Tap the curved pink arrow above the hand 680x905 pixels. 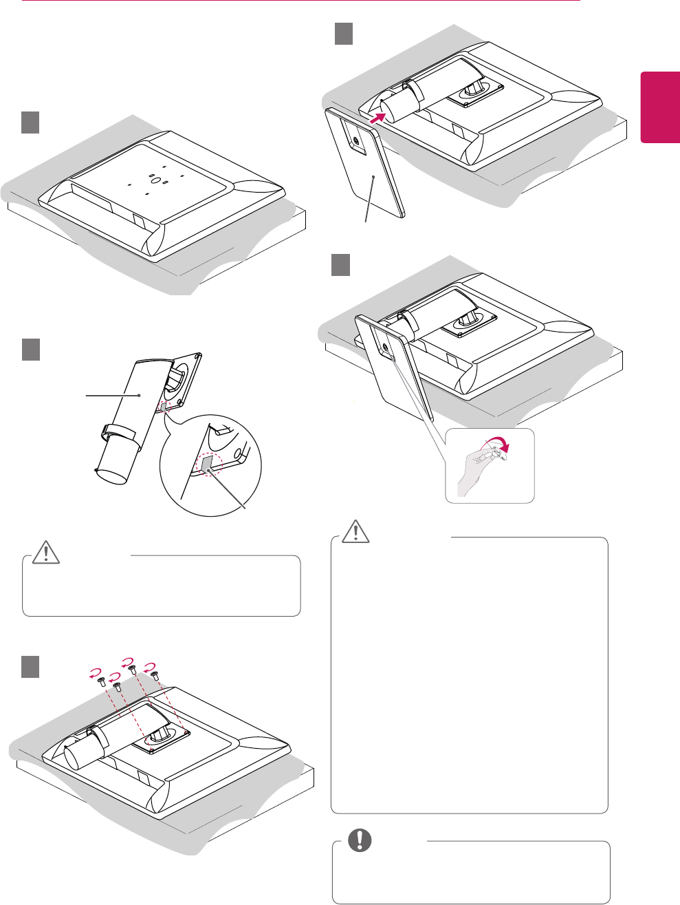pos(506,445)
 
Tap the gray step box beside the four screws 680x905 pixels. pos(30,666)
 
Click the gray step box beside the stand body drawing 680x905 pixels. pos(30,350)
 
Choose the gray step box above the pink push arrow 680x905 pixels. pos(344,34)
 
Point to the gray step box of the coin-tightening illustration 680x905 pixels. pos(341,265)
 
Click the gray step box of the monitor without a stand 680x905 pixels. pos(30,123)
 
